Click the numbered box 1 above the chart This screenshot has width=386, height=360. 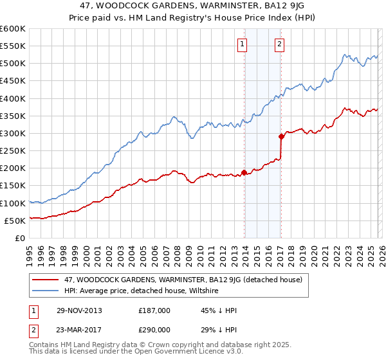[242, 44]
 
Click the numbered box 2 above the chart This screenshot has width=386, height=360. [280, 44]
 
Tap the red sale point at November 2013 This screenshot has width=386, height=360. [244, 172]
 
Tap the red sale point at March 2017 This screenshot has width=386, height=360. [281, 136]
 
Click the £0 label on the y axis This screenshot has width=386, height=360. [20, 238]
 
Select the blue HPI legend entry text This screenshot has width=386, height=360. [142, 291]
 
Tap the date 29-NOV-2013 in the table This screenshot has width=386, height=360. [79, 310]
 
